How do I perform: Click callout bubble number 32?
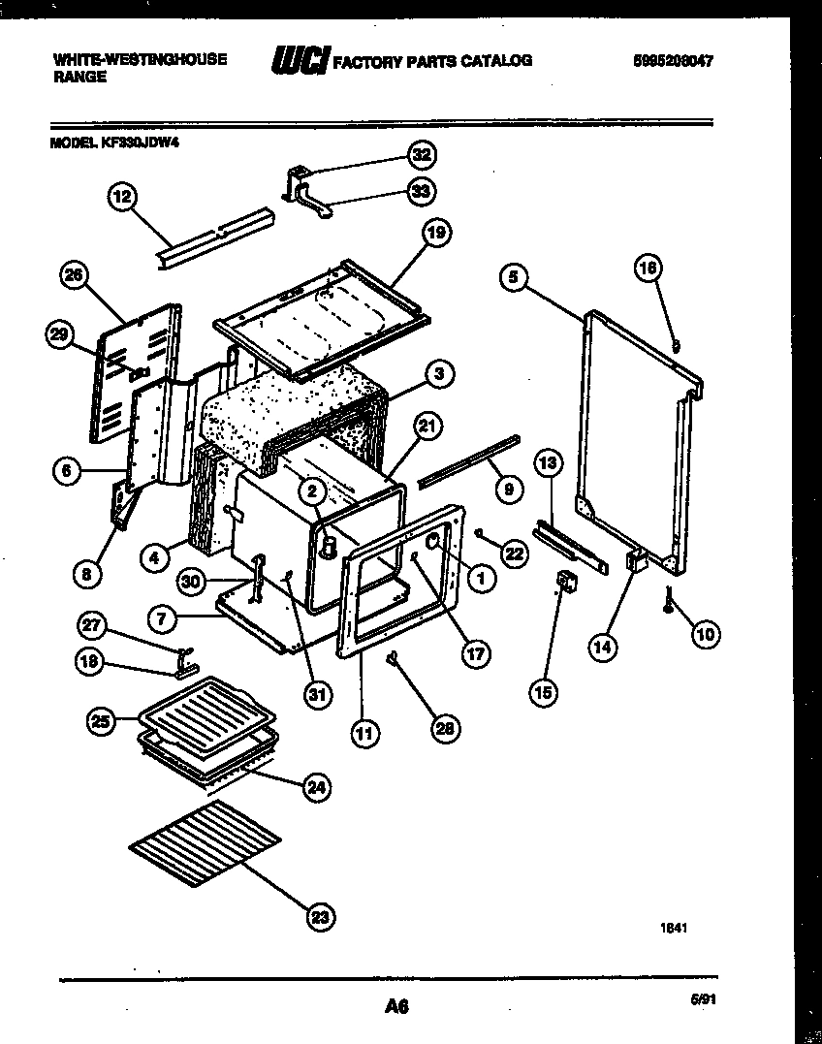coord(420,154)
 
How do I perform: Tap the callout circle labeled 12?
coord(120,197)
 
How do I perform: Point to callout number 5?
coord(515,277)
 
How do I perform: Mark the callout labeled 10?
coord(705,635)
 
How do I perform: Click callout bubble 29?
coord(61,335)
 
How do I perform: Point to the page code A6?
coord(395,1007)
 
